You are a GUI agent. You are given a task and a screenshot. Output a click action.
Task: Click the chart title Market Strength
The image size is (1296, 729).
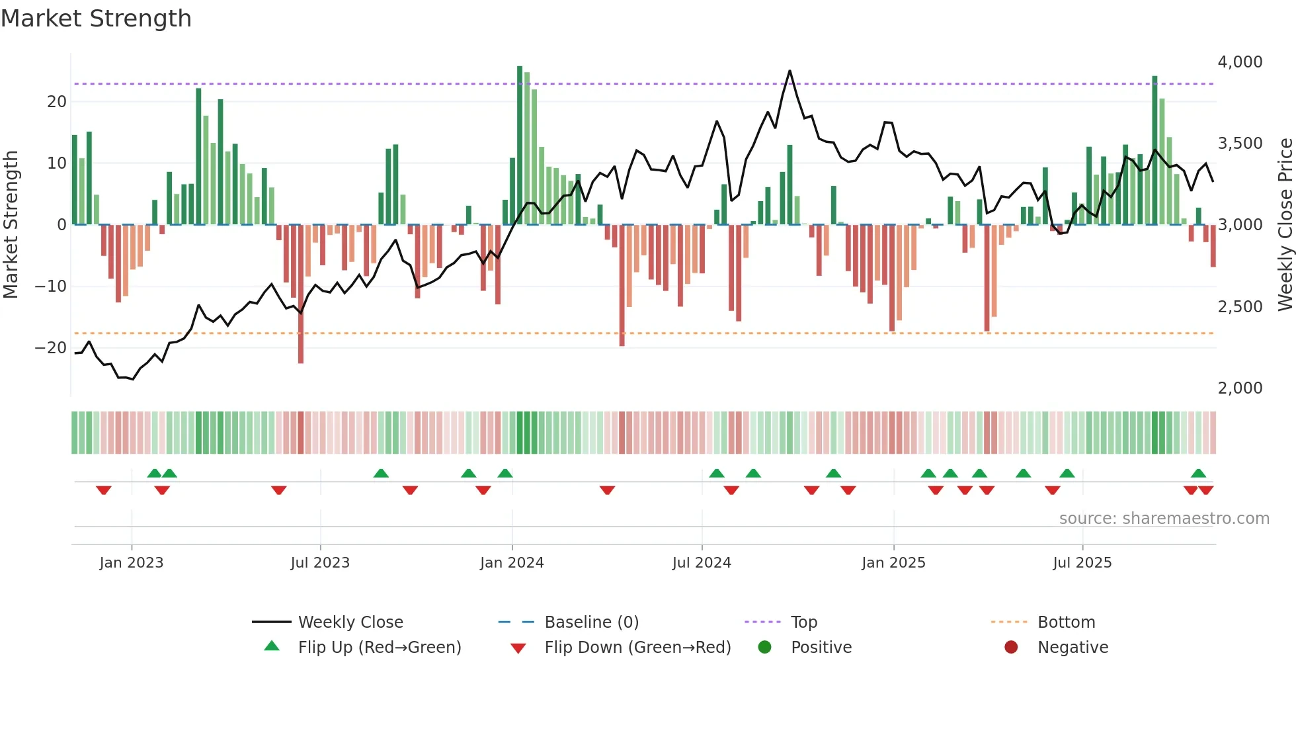(x=97, y=19)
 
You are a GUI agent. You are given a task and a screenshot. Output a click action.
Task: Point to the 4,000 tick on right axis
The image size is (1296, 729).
(x=1240, y=62)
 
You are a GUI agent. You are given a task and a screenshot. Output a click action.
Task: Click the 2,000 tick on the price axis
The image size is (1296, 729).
(x=1240, y=388)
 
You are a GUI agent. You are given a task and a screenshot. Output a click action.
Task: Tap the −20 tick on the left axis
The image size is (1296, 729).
(x=50, y=348)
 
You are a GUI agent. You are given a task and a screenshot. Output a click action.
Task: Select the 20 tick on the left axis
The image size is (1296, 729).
(x=57, y=102)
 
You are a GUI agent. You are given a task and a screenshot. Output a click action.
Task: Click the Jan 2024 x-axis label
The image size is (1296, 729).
(x=512, y=563)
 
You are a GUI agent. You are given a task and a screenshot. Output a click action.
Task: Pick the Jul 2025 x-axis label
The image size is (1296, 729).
(x=1082, y=563)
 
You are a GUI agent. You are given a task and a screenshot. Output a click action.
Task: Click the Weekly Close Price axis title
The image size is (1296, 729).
(x=1285, y=225)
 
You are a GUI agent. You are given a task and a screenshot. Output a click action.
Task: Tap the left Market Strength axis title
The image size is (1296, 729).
(x=11, y=225)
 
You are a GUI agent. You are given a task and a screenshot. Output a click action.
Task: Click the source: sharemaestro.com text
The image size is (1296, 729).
(x=1164, y=519)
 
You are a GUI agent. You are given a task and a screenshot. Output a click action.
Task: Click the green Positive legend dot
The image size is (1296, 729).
(x=765, y=648)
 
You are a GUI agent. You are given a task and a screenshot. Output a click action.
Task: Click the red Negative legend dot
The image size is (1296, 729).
(x=1011, y=648)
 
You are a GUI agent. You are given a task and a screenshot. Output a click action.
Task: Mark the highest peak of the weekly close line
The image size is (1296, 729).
(x=790, y=71)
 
